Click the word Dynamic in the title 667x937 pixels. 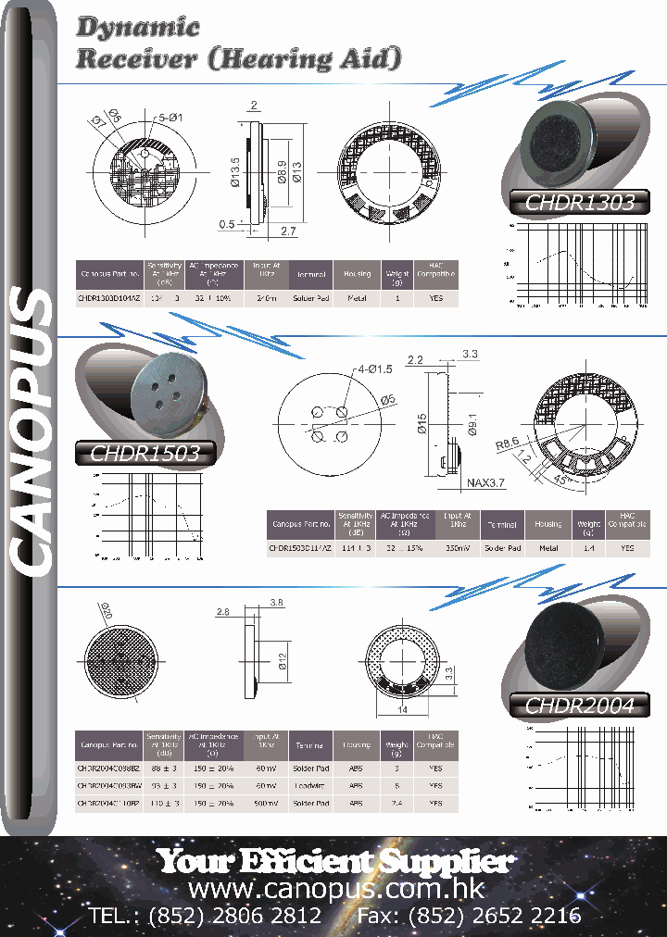(138, 28)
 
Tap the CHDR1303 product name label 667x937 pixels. (579, 203)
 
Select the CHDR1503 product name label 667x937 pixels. (144, 453)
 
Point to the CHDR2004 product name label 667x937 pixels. (579, 706)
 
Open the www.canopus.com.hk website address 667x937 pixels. (335, 889)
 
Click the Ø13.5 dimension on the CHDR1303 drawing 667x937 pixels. (235, 171)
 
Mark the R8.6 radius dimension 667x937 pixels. (508, 444)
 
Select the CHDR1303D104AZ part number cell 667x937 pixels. (108, 299)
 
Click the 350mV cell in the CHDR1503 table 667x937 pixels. (457, 547)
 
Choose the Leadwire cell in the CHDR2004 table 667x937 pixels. (308, 786)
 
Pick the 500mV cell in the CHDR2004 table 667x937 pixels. (266, 804)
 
